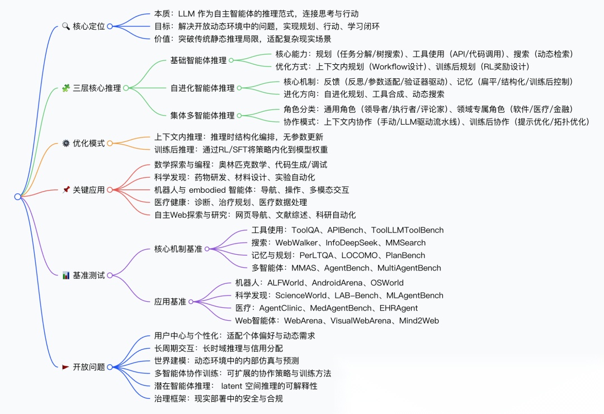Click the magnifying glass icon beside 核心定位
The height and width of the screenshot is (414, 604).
(x=65, y=26)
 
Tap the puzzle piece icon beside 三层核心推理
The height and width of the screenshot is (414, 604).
(x=65, y=88)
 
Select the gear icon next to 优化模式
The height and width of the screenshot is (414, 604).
(x=65, y=143)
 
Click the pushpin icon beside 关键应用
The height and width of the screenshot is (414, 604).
(x=65, y=190)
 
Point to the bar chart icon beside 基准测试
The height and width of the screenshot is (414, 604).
(x=65, y=275)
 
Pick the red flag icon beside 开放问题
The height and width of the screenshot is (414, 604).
(x=65, y=367)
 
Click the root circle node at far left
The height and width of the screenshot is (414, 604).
(x=17, y=197)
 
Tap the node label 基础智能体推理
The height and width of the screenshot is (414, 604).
(x=198, y=60)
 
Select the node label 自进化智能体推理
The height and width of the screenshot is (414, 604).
(x=202, y=88)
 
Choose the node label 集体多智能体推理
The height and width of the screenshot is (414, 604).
(x=202, y=116)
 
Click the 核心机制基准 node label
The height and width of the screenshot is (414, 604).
(x=178, y=249)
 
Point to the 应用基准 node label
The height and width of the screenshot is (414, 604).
(x=171, y=302)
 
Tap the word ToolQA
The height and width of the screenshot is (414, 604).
(x=304, y=230)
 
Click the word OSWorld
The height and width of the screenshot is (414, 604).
(x=386, y=283)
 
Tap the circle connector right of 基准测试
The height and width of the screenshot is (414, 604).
(x=110, y=275)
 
